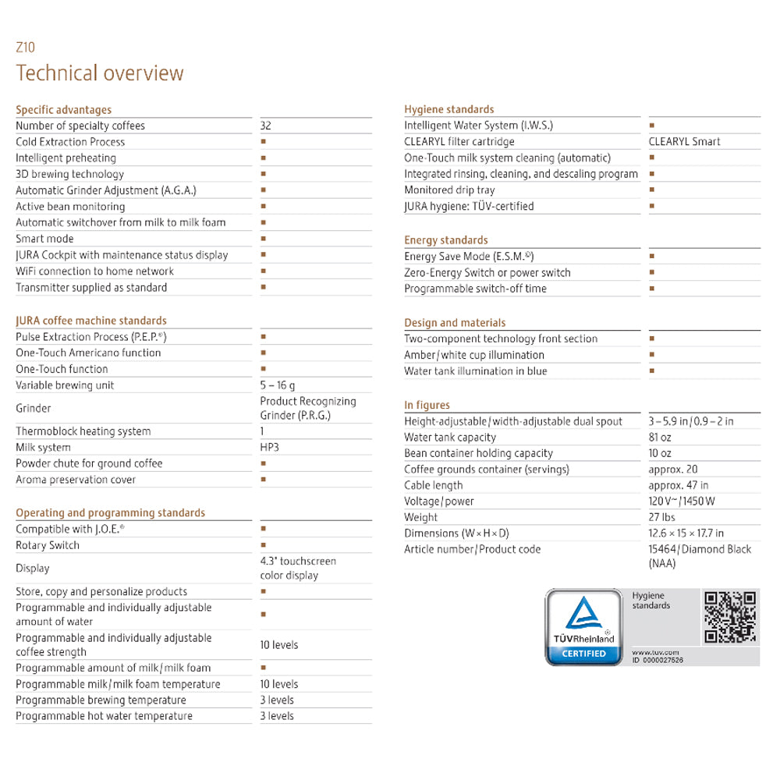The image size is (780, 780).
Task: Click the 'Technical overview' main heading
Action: pyautogui.click(x=100, y=73)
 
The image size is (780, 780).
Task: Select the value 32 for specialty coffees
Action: pyautogui.click(x=266, y=126)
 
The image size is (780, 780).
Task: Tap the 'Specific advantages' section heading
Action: pyautogui.click(x=64, y=110)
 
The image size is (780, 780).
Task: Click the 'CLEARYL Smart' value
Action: pyautogui.click(x=684, y=142)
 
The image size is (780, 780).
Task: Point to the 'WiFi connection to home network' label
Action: pyautogui.click(x=94, y=271)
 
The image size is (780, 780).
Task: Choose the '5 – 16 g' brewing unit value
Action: pyautogui.click(x=278, y=385)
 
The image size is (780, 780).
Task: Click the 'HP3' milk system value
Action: pyautogui.click(x=271, y=448)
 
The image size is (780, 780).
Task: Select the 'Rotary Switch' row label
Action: pyautogui.click(x=48, y=545)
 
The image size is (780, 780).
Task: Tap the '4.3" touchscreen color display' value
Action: pyautogui.click(x=298, y=568)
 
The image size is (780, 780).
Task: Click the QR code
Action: pyautogui.click(x=730, y=618)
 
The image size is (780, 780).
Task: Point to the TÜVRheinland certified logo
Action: pyautogui.click(x=583, y=627)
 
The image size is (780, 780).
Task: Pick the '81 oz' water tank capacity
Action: pyautogui.click(x=660, y=438)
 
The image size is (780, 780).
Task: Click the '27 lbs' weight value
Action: pyautogui.click(x=662, y=517)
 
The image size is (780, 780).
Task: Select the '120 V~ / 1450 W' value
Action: pyautogui.click(x=682, y=502)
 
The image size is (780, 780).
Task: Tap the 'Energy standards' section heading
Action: pyautogui.click(x=446, y=240)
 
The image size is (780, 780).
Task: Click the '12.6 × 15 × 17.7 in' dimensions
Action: pyautogui.click(x=686, y=534)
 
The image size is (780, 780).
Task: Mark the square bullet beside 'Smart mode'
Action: pyautogui.click(x=264, y=239)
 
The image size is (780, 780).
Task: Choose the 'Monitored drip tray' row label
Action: pyautogui.click(x=449, y=190)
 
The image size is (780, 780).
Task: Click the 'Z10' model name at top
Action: pyautogui.click(x=26, y=48)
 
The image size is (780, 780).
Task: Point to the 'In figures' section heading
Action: pyautogui.click(x=427, y=406)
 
